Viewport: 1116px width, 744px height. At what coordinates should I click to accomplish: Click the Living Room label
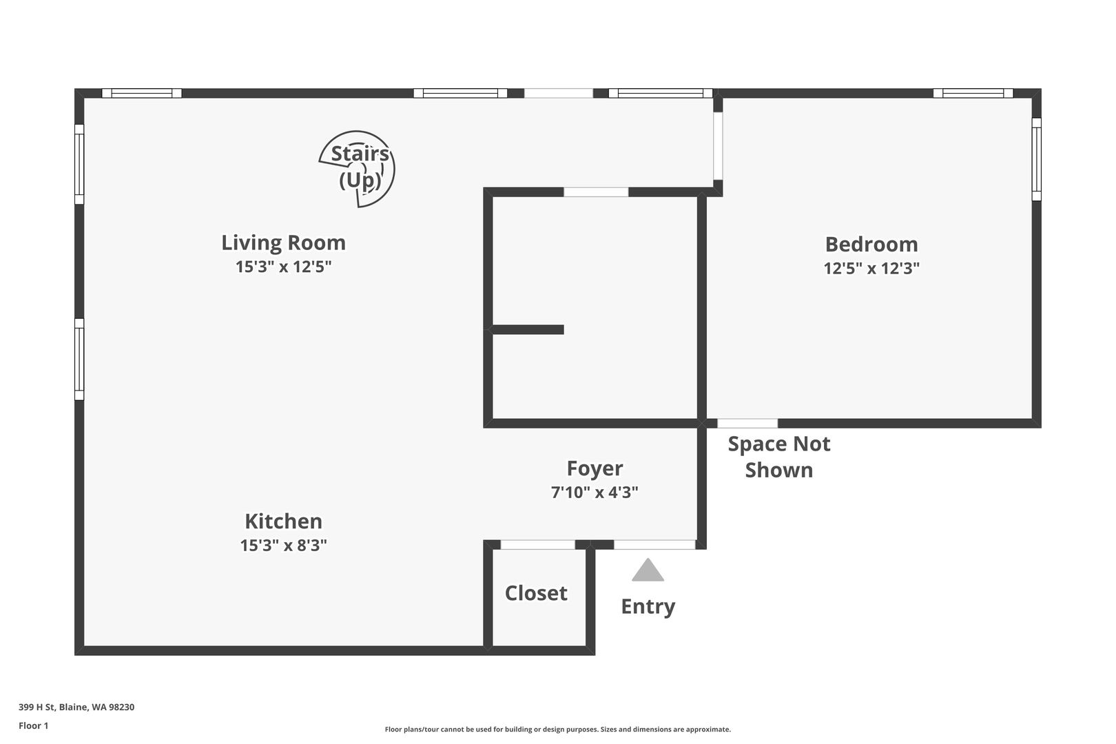pos(284,243)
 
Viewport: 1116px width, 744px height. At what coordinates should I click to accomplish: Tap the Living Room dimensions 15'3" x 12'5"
pos(284,267)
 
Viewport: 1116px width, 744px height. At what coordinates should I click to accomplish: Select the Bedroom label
pos(871,244)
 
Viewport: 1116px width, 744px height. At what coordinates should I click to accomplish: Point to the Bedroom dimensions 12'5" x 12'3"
pos(871,268)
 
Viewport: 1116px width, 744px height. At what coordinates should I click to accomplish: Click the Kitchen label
pos(284,521)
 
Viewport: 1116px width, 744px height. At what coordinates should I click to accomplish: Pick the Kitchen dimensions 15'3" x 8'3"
pos(284,545)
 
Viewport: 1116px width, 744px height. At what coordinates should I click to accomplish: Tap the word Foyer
pos(595,469)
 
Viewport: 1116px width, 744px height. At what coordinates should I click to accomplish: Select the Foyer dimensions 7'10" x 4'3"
pos(595,493)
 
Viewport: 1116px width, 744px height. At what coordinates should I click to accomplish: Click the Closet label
pos(536,593)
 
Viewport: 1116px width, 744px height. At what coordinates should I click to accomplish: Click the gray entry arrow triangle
pos(648,570)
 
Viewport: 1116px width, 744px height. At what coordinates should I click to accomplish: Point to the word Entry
pos(648,607)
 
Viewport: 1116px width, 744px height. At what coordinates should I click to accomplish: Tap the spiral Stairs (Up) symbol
pos(358,169)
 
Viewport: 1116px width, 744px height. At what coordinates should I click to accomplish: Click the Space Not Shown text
pos(779,457)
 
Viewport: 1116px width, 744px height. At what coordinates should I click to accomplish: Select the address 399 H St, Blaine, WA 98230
pos(76,707)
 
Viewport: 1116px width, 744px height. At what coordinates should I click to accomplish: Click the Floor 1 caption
pos(33,725)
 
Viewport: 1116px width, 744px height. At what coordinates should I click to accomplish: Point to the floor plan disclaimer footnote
pos(557,729)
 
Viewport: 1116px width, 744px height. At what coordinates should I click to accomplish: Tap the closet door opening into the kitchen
pos(537,545)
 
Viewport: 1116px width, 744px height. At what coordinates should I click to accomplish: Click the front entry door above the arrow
pos(654,545)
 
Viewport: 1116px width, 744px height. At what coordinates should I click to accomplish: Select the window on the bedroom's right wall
pos(1036,159)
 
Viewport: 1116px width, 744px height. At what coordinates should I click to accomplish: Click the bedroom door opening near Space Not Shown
pos(747,424)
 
